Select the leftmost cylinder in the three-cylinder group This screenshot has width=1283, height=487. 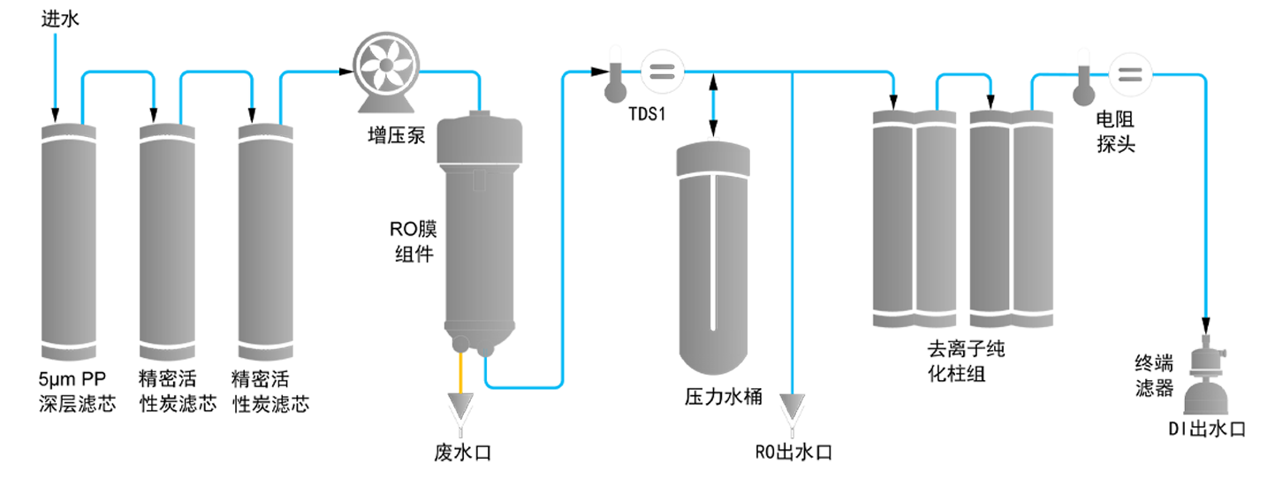click(67, 239)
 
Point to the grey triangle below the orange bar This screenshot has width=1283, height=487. click(462, 406)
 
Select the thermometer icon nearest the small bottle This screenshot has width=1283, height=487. click(1084, 84)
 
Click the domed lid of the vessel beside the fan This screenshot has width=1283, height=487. click(482, 133)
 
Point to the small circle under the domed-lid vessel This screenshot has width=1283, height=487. click(459, 343)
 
